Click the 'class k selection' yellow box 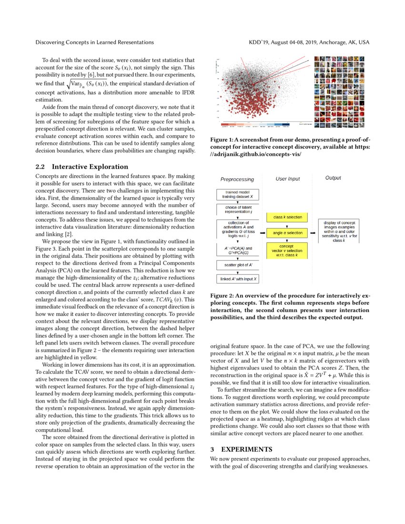click(x=287, y=217)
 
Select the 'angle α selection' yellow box click(x=287, y=233)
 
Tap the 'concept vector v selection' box click(x=287, y=250)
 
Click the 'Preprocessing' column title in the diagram click(x=237, y=180)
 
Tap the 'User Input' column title click(x=288, y=179)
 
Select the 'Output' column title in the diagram click(x=333, y=178)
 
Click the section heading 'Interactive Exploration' click(x=90, y=167)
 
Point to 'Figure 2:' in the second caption click(x=222, y=295)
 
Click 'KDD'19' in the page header click(x=260, y=42)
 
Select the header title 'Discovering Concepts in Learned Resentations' click(x=94, y=42)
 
